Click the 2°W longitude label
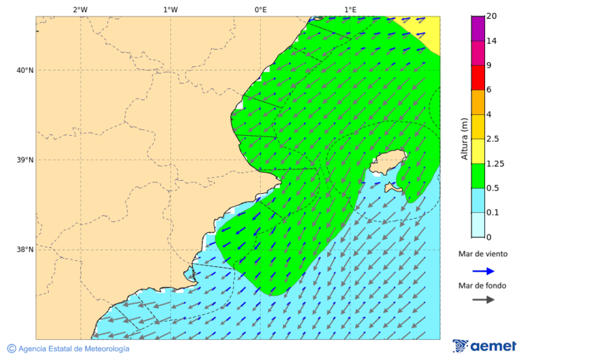coord(80,9)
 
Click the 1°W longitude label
coord(170,9)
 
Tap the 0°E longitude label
coord(260,9)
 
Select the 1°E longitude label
coord(350,9)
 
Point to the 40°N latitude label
coord(25,70)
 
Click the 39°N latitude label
coord(25,160)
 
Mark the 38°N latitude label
coord(25,250)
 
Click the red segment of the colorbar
coord(478,78)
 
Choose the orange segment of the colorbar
coord(478,102)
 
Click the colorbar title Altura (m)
coord(464,138)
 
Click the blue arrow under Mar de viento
coord(483,271)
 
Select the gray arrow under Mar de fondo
coord(483,300)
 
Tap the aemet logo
coord(484,346)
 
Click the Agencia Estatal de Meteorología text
coord(74,349)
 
